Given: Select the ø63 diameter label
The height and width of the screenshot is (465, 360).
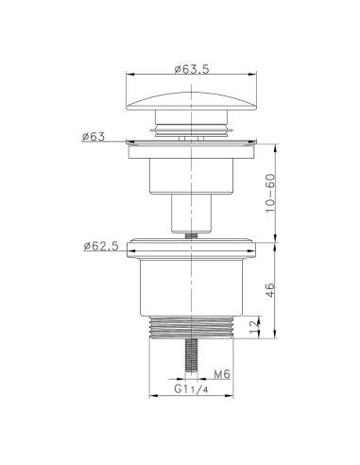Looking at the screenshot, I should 94,136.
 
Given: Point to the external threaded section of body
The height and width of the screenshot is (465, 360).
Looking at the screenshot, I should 192,327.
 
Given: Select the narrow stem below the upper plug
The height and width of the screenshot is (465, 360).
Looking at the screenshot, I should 192,213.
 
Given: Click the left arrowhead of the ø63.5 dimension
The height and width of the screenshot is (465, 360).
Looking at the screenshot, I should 129,77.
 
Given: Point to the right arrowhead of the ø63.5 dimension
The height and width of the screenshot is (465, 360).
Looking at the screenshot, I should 255,77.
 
